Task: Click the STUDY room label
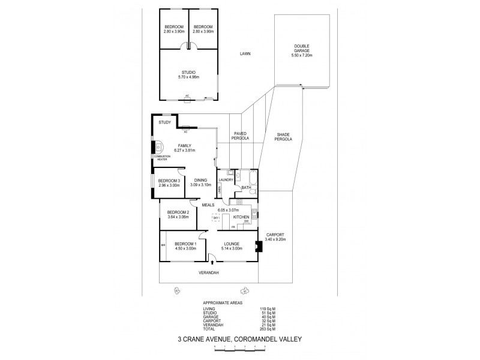pos(165,123)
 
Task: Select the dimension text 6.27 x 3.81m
pos(185,150)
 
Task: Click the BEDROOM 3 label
pos(169,181)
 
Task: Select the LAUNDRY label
pos(226,180)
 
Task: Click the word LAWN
pos(243,53)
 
